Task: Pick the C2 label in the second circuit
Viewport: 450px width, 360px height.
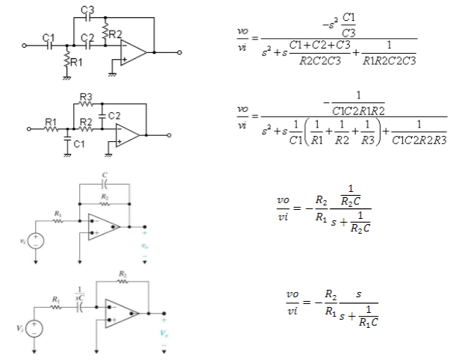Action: click(x=113, y=117)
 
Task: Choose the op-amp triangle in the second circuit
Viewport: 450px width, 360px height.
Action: click(x=128, y=134)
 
